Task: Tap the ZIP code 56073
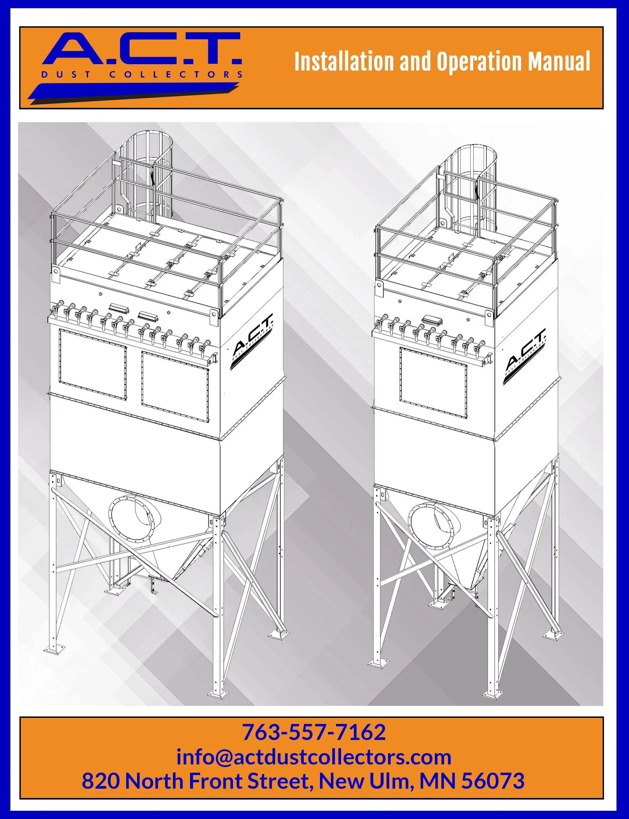(493, 781)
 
